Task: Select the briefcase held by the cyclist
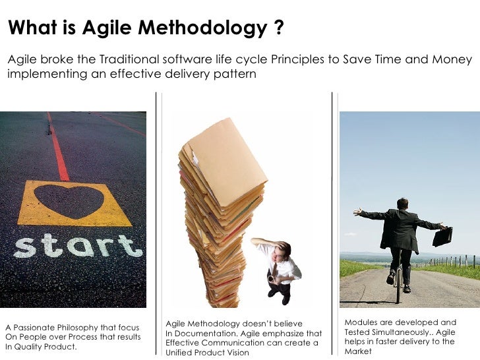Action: pyautogui.click(x=442, y=236)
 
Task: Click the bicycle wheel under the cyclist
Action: pyautogui.click(x=398, y=287)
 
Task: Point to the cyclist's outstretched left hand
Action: pyautogui.click(x=358, y=212)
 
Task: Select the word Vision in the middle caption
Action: pyautogui.click(x=236, y=353)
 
